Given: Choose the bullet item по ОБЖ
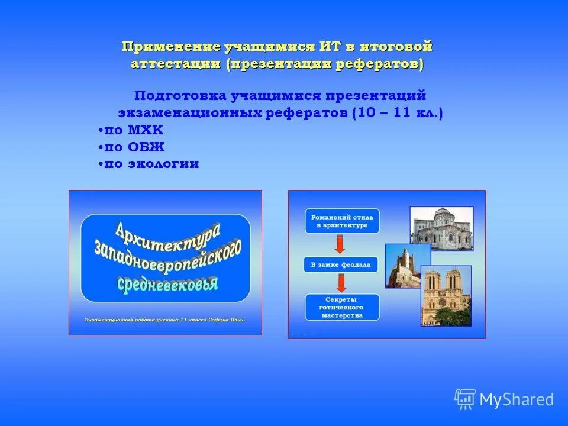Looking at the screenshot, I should coord(131,147).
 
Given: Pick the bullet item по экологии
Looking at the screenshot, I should coord(149,164).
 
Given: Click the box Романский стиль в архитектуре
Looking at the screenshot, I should coord(342,221).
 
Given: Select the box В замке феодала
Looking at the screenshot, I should coord(341,264).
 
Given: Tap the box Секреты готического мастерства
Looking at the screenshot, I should coord(342,308).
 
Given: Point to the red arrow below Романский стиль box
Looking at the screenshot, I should coord(340,243).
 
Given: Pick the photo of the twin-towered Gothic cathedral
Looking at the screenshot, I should coord(447,295).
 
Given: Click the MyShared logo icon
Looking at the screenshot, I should coord(465,399).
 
